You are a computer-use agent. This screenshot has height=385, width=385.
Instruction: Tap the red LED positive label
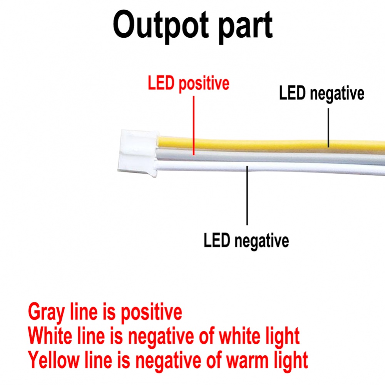(189, 84)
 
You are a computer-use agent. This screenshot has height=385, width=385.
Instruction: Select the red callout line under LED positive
(194, 126)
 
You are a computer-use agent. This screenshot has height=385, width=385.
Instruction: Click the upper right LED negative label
(321, 94)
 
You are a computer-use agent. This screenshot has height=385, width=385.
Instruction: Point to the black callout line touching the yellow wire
(328, 128)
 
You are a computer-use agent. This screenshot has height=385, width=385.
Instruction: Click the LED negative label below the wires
(246, 241)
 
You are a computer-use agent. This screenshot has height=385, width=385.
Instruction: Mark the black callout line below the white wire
(247, 196)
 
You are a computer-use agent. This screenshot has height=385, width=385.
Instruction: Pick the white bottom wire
(270, 167)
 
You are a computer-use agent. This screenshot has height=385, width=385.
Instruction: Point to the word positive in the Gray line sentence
(151, 312)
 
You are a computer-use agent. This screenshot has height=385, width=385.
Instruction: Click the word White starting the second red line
(50, 336)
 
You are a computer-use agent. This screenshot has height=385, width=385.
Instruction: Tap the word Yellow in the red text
(53, 360)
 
